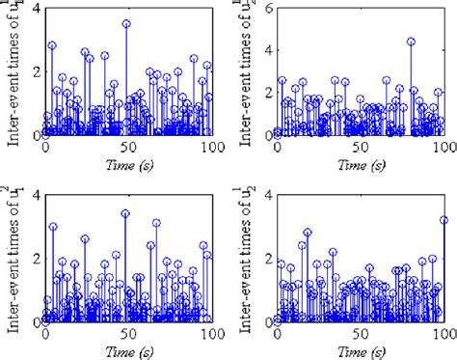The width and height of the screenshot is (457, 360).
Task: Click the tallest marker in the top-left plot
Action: [126, 23]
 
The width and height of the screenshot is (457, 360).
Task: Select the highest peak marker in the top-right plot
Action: [411, 42]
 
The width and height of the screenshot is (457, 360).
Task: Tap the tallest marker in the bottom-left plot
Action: [125, 213]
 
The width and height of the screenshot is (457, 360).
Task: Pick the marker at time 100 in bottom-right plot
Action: [444, 220]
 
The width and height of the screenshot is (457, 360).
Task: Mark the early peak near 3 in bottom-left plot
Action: [53, 227]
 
